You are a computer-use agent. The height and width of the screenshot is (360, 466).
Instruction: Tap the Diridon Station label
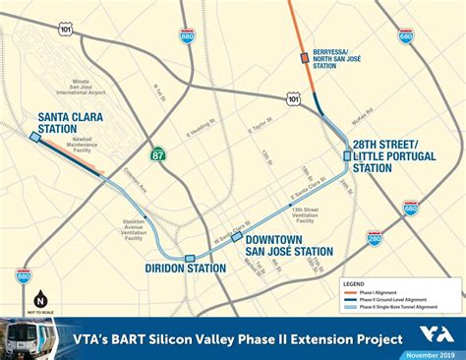tap(186, 269)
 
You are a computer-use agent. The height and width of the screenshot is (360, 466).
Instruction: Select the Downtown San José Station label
tap(289, 245)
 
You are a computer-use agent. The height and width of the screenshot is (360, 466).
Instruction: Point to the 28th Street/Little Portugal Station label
tap(391, 154)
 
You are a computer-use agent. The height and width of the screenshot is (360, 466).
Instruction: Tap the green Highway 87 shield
tap(158, 153)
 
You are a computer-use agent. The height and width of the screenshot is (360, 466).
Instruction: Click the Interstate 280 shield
tap(374, 238)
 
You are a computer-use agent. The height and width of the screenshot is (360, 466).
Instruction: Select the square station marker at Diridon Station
tap(189, 258)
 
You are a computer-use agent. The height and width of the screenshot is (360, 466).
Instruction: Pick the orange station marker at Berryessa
tap(303, 58)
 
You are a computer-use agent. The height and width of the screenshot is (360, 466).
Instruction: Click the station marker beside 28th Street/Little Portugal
tap(347, 155)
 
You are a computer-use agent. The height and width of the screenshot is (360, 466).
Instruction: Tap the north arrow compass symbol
tap(40, 299)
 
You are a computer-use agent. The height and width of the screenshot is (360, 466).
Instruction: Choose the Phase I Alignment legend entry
tap(393, 292)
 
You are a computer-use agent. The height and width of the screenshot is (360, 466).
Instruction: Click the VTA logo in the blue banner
tap(441, 333)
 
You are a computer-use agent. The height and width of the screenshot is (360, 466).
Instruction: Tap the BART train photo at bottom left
tap(24, 337)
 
